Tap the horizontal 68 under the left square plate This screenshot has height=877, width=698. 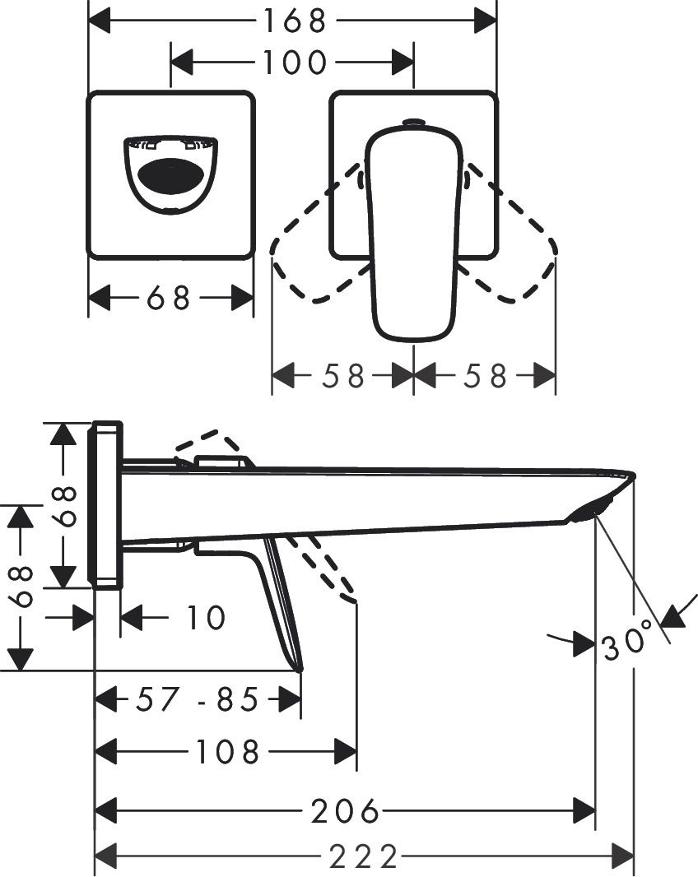click(x=169, y=298)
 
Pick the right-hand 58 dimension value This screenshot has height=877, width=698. click(x=485, y=376)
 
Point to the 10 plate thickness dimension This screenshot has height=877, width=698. click(x=205, y=617)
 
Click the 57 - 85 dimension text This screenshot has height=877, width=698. click(x=198, y=700)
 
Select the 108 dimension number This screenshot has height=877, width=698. click(x=226, y=751)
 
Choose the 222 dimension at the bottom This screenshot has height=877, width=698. click(x=363, y=857)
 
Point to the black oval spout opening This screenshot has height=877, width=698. click(x=170, y=174)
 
